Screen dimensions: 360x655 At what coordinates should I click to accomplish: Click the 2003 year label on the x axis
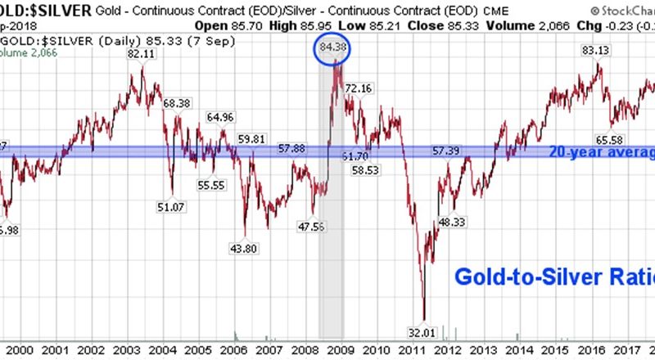[x=125, y=349]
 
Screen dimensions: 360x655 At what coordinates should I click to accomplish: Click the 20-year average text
[x=602, y=152]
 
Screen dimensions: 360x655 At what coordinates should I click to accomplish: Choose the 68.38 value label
[x=178, y=103]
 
